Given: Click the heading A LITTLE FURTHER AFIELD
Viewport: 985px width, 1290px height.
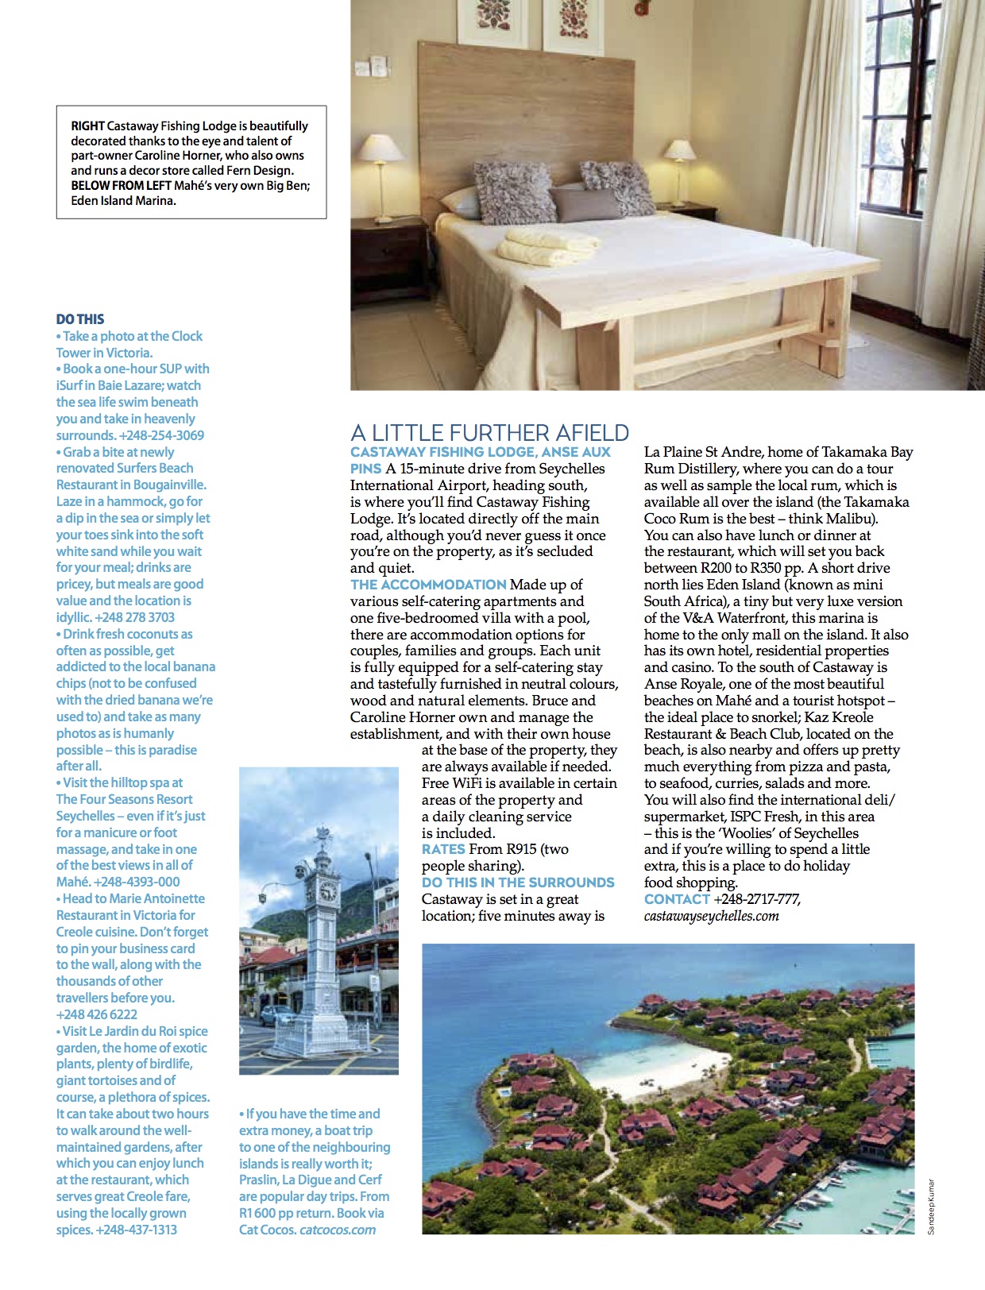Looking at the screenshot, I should pyautogui.click(x=489, y=433).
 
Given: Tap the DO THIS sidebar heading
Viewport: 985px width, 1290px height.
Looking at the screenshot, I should pyautogui.click(x=80, y=319).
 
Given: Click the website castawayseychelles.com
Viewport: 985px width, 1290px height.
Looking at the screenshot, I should pyautogui.click(x=711, y=916).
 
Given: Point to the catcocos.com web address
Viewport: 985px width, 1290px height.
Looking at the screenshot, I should pyautogui.click(x=338, y=1230).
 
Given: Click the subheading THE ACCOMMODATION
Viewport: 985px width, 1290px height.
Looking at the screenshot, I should pyautogui.click(x=428, y=585).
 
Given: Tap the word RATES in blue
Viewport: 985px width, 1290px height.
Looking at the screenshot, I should pyautogui.click(x=443, y=849).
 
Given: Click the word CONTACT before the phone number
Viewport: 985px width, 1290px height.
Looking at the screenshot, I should pyautogui.click(x=677, y=899).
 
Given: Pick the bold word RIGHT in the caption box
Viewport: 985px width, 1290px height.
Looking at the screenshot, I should pyautogui.click(x=87, y=126).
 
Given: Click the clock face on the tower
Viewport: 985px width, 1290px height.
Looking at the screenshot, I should pyautogui.click(x=327, y=893).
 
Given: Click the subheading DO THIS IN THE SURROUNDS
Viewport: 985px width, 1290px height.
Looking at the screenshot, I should pyautogui.click(x=518, y=883).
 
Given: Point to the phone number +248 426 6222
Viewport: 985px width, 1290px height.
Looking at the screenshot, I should pyautogui.click(x=97, y=1014).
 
